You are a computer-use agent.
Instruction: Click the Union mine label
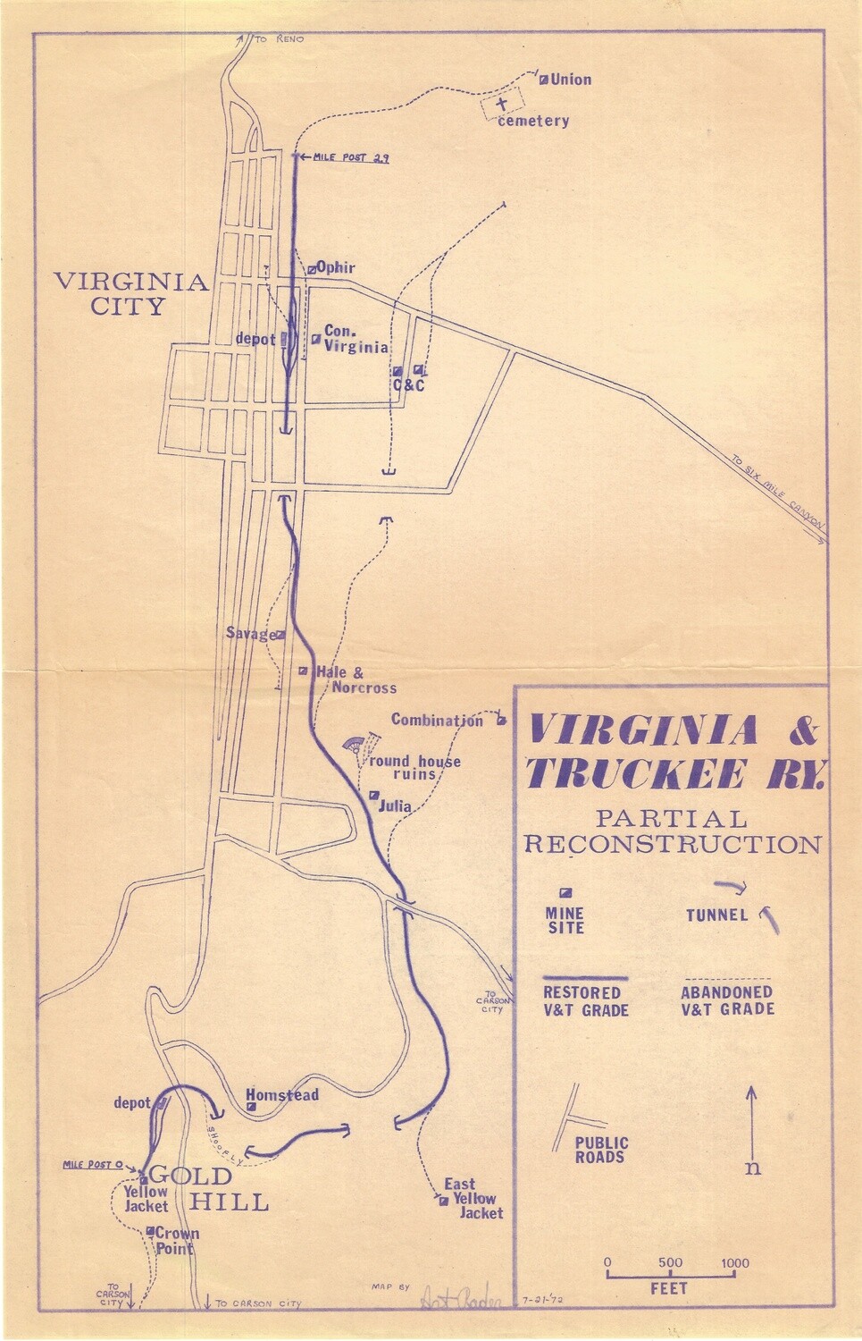tap(571, 80)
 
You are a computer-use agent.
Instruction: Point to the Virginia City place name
tap(131, 294)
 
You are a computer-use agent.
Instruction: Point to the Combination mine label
tap(437, 721)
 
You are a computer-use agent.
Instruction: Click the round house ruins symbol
tap(356, 745)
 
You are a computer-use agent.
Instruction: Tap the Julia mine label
tap(395, 805)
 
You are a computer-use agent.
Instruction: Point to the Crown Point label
tap(178, 1240)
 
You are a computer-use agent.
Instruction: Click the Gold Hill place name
tap(209, 1188)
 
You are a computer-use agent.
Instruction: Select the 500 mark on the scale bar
tap(670, 1263)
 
